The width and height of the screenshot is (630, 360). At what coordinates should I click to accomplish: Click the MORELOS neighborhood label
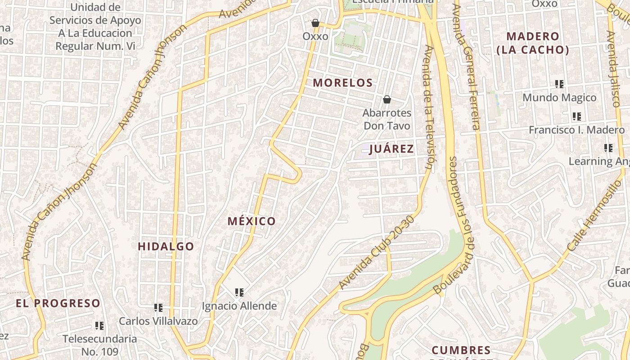[343, 83]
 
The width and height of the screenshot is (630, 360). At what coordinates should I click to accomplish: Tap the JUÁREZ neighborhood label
[391, 149]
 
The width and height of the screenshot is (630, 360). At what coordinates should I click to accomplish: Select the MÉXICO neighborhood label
[252, 221]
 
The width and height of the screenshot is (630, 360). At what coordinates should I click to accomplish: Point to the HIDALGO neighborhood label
[166, 246]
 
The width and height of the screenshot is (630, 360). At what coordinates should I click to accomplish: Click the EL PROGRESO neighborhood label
[58, 303]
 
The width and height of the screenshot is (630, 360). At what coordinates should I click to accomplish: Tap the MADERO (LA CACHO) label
[533, 43]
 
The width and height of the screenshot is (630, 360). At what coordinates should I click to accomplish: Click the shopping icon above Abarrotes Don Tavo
[387, 99]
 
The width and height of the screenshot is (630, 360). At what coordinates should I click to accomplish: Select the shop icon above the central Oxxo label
[315, 23]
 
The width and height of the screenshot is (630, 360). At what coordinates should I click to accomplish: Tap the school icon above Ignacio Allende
[239, 292]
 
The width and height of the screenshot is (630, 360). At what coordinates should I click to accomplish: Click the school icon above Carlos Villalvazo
[158, 308]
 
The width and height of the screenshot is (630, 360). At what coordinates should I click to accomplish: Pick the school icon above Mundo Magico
[559, 84]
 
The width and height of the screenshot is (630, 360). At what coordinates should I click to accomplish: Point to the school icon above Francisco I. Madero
[577, 117]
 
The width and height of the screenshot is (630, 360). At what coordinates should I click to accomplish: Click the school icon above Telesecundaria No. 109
[99, 325]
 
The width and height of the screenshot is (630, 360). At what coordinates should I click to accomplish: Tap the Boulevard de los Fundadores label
[455, 225]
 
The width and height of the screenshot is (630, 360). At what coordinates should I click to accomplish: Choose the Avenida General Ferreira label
[466, 67]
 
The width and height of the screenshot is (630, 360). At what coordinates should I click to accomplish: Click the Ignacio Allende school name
[239, 306]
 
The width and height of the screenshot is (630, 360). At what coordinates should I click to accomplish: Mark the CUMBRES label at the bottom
[461, 350]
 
